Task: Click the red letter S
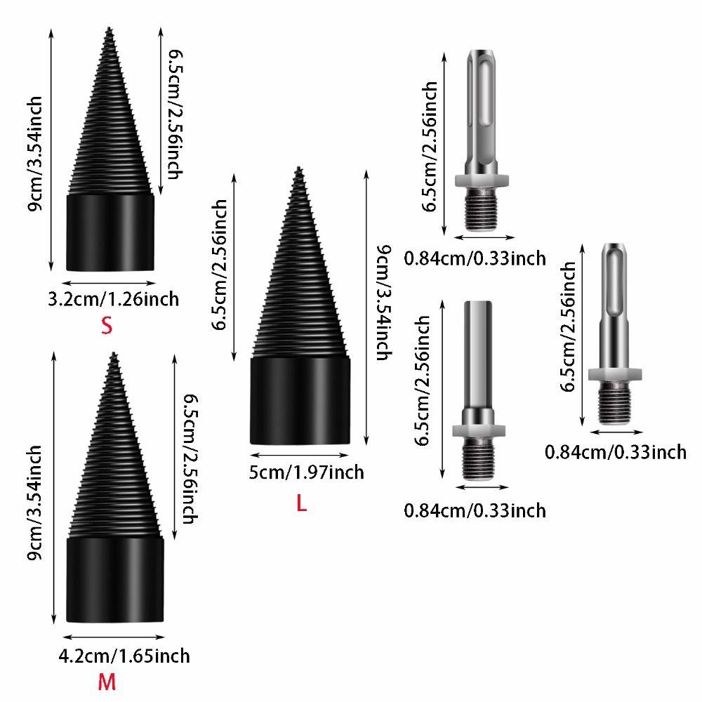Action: click(106, 326)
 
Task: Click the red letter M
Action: click(106, 682)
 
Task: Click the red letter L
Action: click(301, 503)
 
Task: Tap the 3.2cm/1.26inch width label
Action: click(112, 299)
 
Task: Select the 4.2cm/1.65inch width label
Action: click(124, 656)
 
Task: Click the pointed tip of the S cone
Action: click(109, 29)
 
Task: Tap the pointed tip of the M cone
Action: click(114, 355)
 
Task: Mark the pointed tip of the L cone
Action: click(299, 169)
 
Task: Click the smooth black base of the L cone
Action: click(300, 400)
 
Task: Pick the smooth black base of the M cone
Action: click(115, 579)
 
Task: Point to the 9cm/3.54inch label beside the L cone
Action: click(381, 302)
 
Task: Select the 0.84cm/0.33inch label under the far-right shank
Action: click(616, 451)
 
